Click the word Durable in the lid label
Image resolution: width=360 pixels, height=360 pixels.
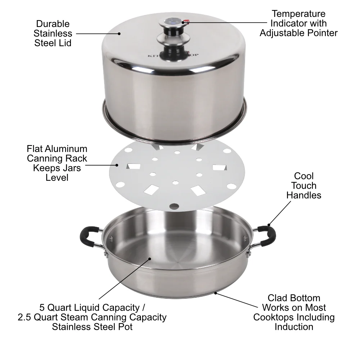53,24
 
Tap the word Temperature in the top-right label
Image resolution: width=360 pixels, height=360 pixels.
298,14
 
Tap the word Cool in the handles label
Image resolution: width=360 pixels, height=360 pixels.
303,176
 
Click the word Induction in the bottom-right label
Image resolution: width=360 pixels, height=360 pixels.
294,327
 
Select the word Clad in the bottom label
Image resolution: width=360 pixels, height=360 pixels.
278,298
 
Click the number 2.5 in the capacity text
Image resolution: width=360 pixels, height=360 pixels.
25,317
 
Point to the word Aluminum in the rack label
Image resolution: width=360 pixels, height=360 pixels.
69,149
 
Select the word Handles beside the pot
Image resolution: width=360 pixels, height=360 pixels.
304,195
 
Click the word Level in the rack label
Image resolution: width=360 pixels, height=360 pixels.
57,177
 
